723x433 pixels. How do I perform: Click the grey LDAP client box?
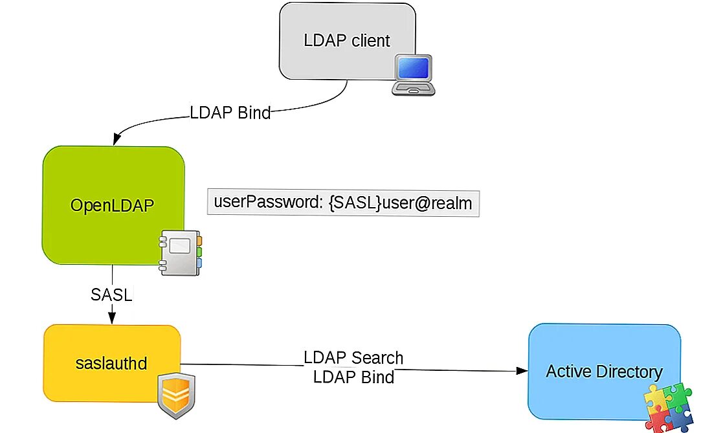pos(337,29)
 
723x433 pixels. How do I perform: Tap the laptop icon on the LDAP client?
pos(414,75)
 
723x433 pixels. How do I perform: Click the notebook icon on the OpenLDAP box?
pos(181,252)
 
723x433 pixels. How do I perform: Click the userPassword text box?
pos(343,203)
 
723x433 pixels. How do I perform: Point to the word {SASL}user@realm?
pos(401,203)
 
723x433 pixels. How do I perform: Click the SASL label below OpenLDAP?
pos(111,295)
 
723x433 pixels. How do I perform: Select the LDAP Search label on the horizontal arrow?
pos(353,358)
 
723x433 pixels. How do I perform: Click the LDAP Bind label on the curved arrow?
pos(230,113)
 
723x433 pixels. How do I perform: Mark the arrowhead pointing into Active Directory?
pos(522,372)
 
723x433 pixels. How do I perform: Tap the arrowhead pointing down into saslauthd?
pos(111,318)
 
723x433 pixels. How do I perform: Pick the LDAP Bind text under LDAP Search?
pos(353,377)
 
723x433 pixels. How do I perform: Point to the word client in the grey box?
pos(371,41)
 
